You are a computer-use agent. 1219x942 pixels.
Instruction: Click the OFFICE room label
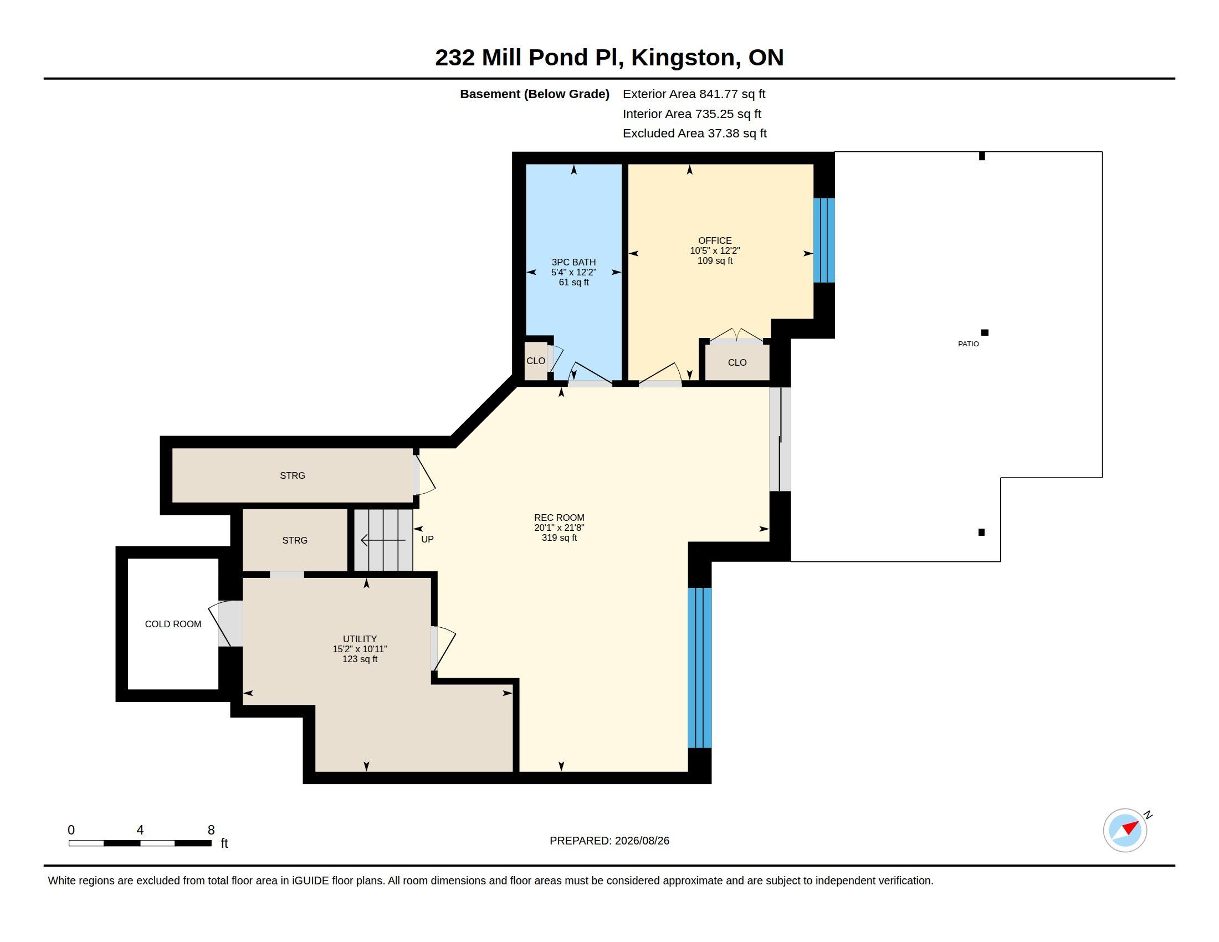pyautogui.click(x=714, y=240)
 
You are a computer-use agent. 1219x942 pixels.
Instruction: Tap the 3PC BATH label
pyautogui.click(x=573, y=262)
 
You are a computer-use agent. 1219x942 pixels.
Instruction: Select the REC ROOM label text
pyautogui.click(x=559, y=518)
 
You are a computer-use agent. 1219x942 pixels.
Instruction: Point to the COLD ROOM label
pyautogui.click(x=173, y=624)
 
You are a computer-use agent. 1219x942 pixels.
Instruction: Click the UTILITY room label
pyautogui.click(x=360, y=638)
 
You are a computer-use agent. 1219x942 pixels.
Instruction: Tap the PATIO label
pyautogui.click(x=968, y=344)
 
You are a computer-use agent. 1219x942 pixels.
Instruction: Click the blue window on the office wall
pyautogui.click(x=824, y=240)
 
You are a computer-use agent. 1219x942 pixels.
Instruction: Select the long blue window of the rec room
pyautogui.click(x=699, y=668)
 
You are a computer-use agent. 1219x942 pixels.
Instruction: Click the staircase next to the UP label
pyautogui.click(x=383, y=540)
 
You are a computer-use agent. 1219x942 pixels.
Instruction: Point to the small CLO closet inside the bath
pyautogui.click(x=536, y=361)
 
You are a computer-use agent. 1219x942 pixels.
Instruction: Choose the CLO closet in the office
pyautogui.click(x=737, y=363)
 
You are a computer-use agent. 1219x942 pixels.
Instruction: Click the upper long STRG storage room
pyautogui.click(x=293, y=475)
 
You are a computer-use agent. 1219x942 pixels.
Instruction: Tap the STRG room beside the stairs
pyautogui.click(x=295, y=540)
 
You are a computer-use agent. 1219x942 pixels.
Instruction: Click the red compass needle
pyautogui.click(x=1130, y=827)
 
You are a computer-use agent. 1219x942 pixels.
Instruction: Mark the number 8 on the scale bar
pyautogui.click(x=211, y=830)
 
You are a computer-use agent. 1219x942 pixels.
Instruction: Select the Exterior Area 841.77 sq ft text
pyautogui.click(x=694, y=94)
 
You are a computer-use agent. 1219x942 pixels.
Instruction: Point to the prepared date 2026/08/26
pyautogui.click(x=642, y=841)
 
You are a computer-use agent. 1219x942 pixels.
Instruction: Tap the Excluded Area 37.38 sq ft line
pyautogui.click(x=694, y=134)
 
